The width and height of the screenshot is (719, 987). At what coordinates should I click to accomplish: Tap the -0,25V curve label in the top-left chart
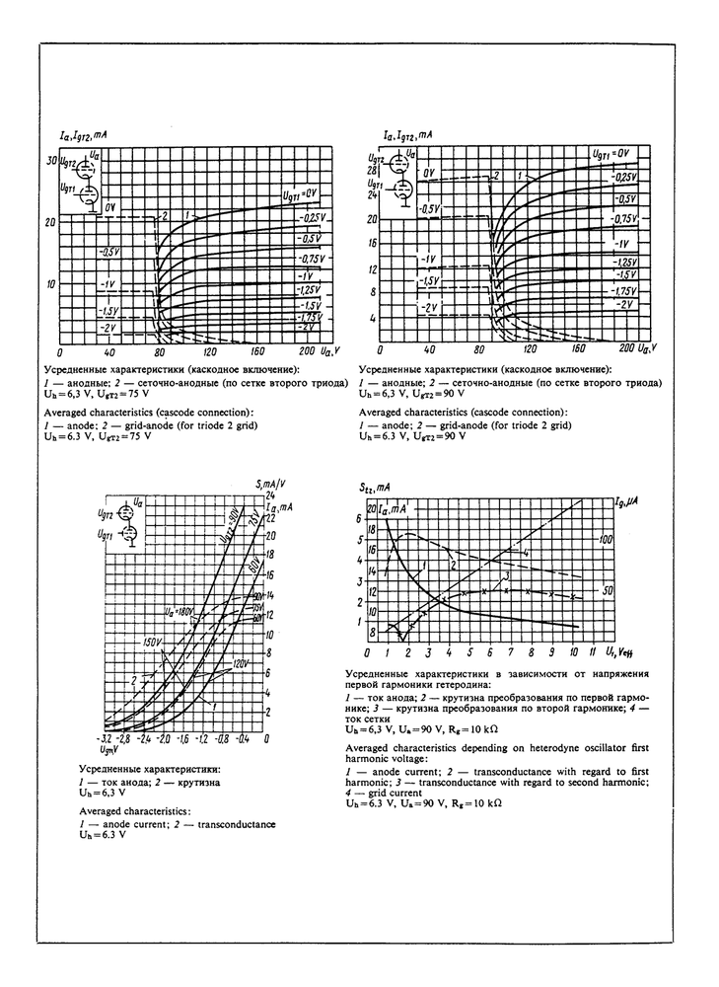click(312, 218)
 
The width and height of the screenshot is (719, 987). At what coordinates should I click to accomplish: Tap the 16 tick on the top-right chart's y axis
click(372, 242)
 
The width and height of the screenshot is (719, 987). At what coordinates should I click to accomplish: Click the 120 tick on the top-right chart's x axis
click(530, 349)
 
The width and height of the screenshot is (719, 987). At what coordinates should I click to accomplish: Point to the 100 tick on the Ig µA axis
click(607, 540)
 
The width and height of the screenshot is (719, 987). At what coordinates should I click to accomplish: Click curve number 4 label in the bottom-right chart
click(528, 553)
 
